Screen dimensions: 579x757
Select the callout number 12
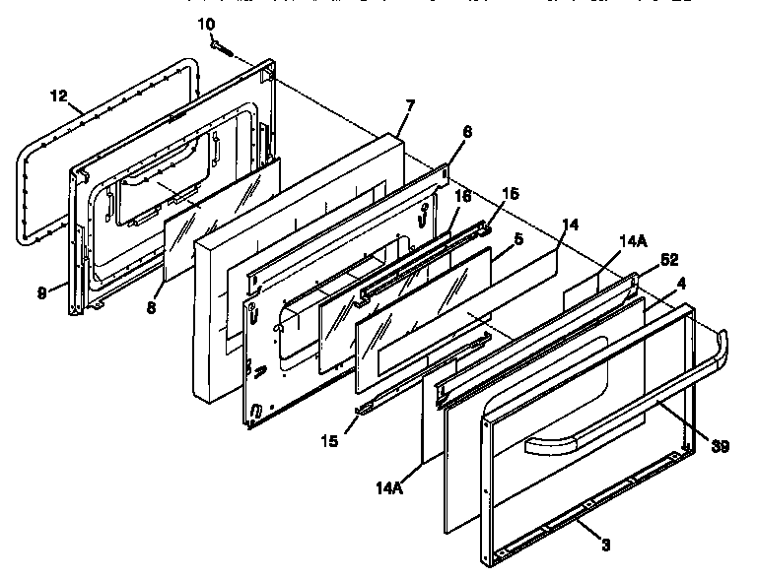[x=59, y=96]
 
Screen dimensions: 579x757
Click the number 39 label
[x=721, y=448]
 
